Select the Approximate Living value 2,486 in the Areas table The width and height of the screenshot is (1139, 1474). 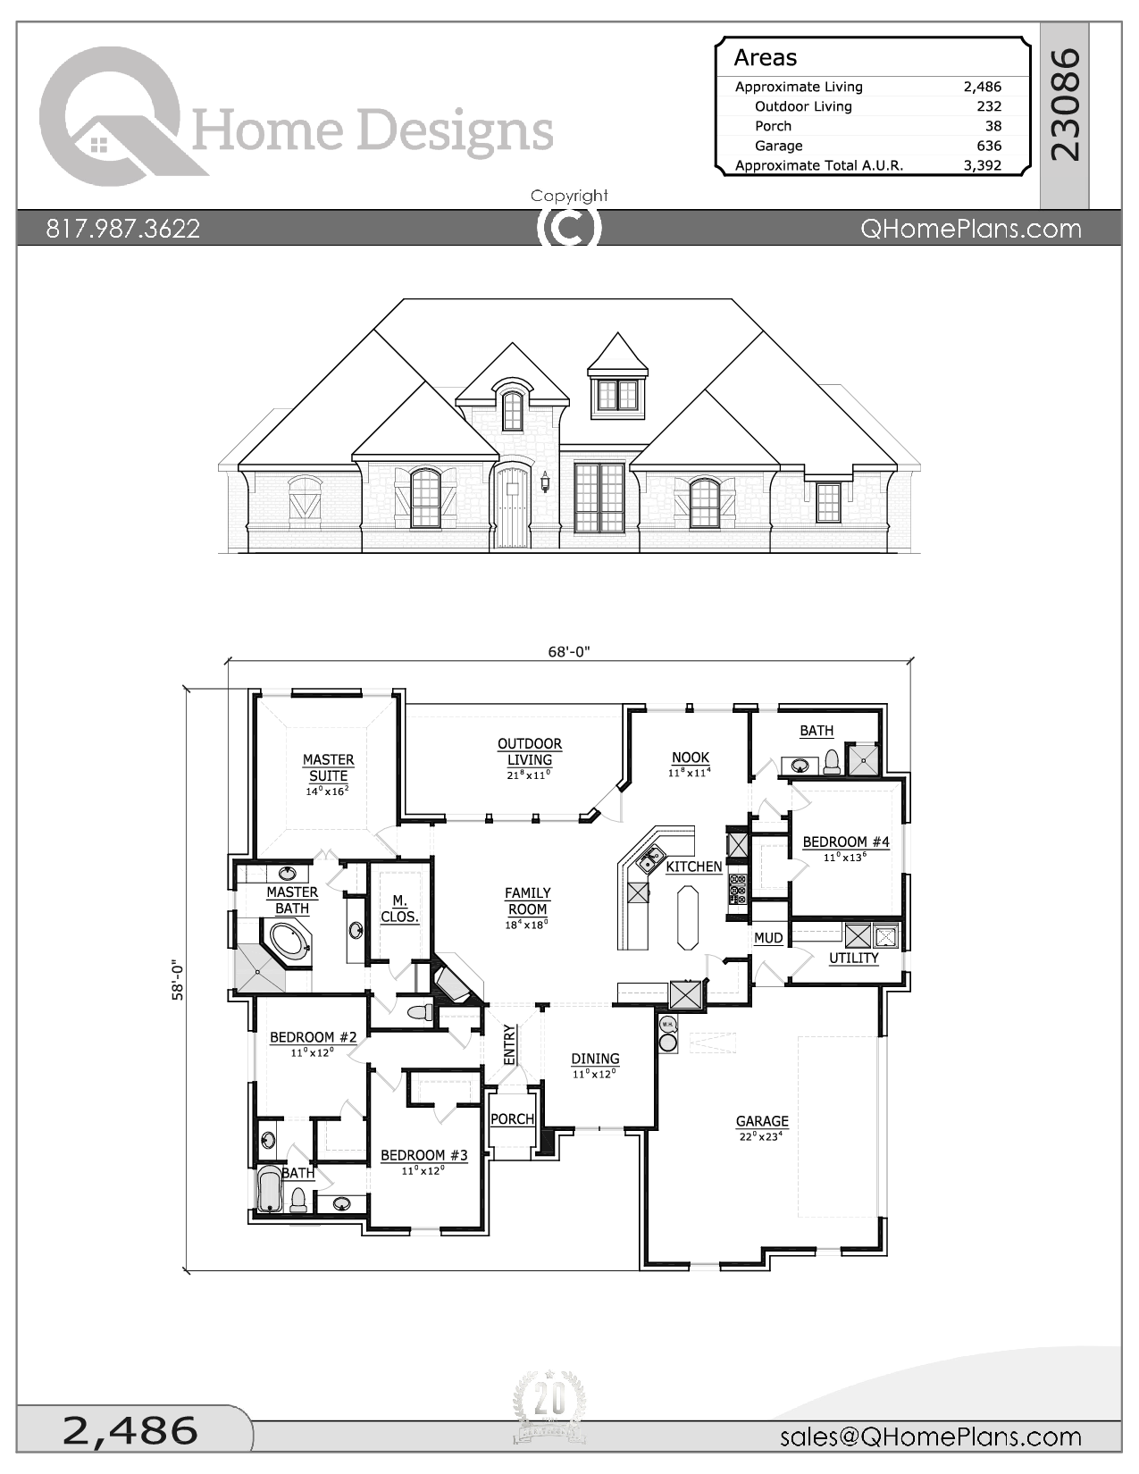[982, 87]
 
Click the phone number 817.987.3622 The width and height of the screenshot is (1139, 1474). [123, 229]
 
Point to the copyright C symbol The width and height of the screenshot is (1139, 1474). [569, 228]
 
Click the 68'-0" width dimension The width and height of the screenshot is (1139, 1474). [569, 651]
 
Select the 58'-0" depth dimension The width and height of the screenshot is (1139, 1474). [178, 980]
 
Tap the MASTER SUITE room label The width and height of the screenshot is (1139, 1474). [328, 767]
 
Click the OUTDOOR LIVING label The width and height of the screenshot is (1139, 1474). [530, 751]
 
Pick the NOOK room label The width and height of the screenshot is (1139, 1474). [691, 758]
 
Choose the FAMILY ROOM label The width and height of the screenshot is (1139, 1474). [528, 900]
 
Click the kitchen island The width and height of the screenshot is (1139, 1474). [688, 917]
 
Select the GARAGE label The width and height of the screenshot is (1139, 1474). [762, 1121]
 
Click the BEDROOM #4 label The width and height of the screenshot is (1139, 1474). [846, 842]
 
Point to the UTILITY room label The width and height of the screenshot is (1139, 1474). [854, 958]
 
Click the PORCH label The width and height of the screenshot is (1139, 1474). [513, 1118]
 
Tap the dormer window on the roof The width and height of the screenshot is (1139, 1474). [617, 394]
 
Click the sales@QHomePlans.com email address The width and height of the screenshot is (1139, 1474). [930, 1436]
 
